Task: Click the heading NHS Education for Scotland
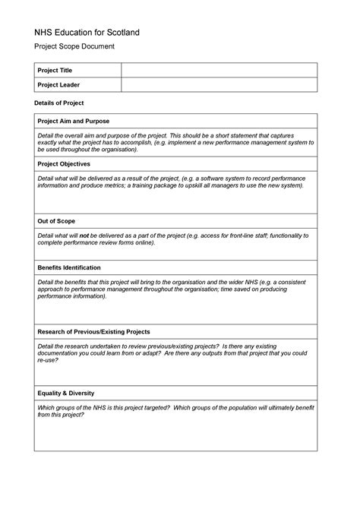(x=87, y=34)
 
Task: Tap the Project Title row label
(x=55, y=71)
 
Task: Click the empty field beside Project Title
(x=219, y=71)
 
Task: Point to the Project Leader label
(x=58, y=85)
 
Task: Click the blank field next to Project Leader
(x=219, y=85)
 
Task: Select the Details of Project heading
(x=59, y=103)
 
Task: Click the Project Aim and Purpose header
(x=74, y=122)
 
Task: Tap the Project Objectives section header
(x=64, y=163)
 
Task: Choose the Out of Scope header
(x=55, y=221)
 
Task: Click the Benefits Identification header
(x=69, y=268)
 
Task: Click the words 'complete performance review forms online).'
(x=96, y=243)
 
